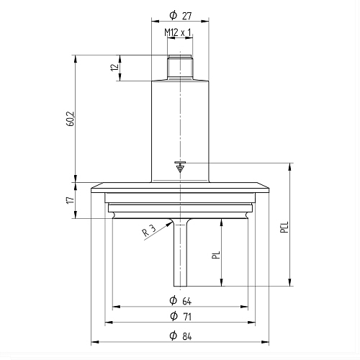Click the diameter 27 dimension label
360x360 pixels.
point(181,16)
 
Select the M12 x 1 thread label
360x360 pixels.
point(178,32)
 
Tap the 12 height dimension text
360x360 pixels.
point(115,67)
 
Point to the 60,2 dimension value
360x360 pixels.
point(71,119)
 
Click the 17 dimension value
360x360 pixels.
point(70,200)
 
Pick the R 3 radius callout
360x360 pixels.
point(149,230)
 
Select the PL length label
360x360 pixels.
point(216,255)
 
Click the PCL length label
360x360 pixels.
point(284,227)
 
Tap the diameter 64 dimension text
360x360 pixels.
point(181,301)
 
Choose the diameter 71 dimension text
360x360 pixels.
point(181,316)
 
